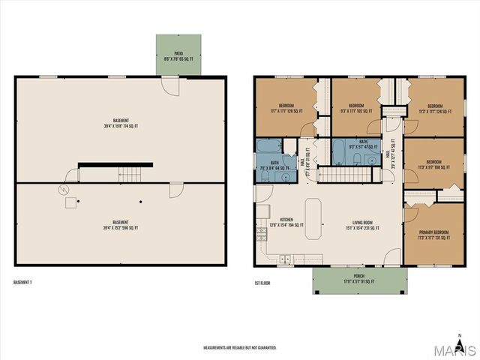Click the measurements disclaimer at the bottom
coord(240,348)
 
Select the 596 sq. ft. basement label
coord(121,224)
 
